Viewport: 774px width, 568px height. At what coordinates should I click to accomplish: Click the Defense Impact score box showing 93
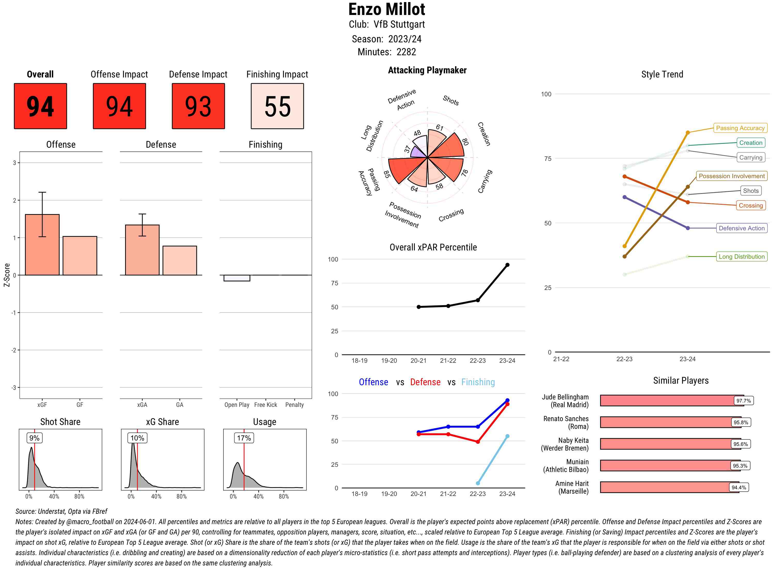point(198,106)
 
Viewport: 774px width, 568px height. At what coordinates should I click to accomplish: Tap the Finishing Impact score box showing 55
point(277,106)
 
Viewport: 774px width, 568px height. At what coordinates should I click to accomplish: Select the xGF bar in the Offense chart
point(42,245)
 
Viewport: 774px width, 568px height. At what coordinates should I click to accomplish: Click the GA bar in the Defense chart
point(180,260)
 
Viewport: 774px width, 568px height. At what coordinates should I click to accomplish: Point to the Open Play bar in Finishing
point(237,278)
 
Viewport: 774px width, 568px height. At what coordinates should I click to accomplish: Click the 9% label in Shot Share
point(34,438)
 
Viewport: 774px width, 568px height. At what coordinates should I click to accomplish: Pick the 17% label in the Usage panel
point(244,438)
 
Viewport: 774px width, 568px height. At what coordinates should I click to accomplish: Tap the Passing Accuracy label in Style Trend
point(740,128)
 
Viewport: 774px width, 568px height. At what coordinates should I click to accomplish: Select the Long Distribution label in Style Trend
point(741,256)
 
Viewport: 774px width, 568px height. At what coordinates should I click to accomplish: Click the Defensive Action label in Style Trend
point(741,228)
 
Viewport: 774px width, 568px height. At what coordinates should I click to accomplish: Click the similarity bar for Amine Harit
point(665,487)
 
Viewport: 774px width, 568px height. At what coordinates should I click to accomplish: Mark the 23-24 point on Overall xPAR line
point(507,265)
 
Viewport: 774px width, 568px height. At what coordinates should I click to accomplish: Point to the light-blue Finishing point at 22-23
point(478,483)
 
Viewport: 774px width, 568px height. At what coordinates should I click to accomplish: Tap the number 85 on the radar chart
point(387,174)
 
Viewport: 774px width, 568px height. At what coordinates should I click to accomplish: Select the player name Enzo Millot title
point(386,9)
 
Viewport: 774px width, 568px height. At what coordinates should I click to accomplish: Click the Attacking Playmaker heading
point(427,70)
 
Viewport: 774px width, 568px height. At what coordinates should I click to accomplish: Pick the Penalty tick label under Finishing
point(294,405)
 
